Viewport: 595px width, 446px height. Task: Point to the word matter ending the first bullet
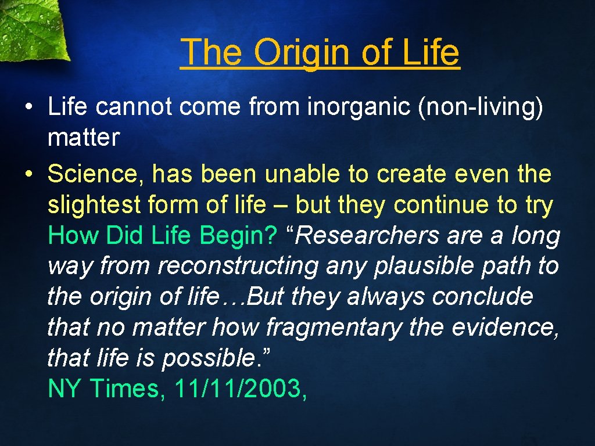[x=84, y=138]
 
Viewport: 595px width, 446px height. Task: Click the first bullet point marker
[x=27, y=108]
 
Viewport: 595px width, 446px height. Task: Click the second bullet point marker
[x=27, y=174]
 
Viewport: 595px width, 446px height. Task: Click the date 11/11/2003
[x=240, y=389]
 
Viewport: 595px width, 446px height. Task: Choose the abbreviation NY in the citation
[x=66, y=389]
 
